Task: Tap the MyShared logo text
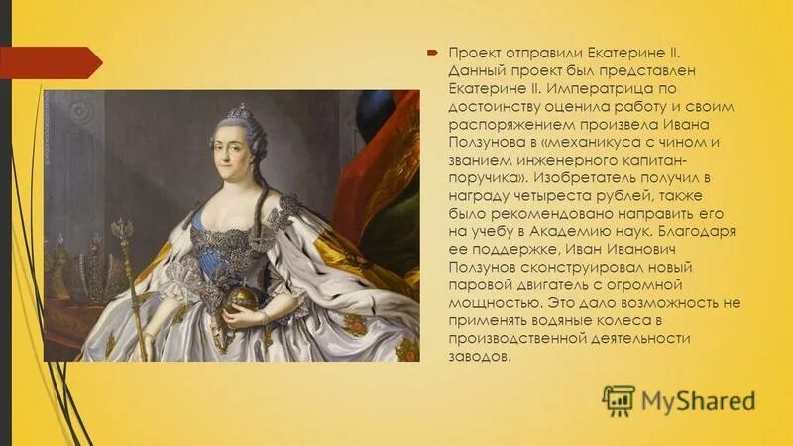pyautogui.click(x=699, y=400)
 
